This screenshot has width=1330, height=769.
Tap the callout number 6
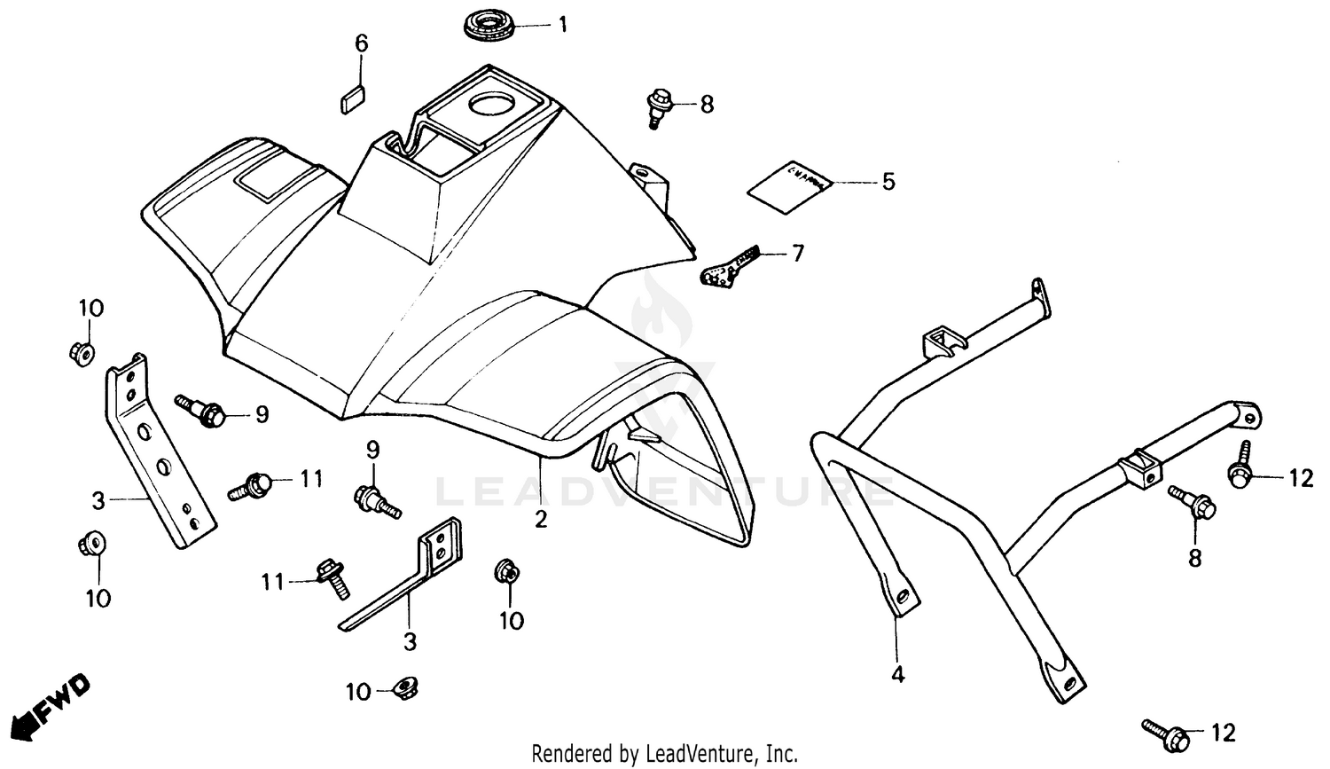click(361, 43)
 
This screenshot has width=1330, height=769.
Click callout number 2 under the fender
click(541, 519)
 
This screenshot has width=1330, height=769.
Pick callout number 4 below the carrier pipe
click(897, 674)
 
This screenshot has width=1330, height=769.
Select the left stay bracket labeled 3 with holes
click(160, 452)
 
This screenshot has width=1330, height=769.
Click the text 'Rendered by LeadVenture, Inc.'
click(664, 754)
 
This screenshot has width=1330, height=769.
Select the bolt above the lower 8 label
click(1193, 502)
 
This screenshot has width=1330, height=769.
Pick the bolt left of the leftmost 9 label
click(203, 411)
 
